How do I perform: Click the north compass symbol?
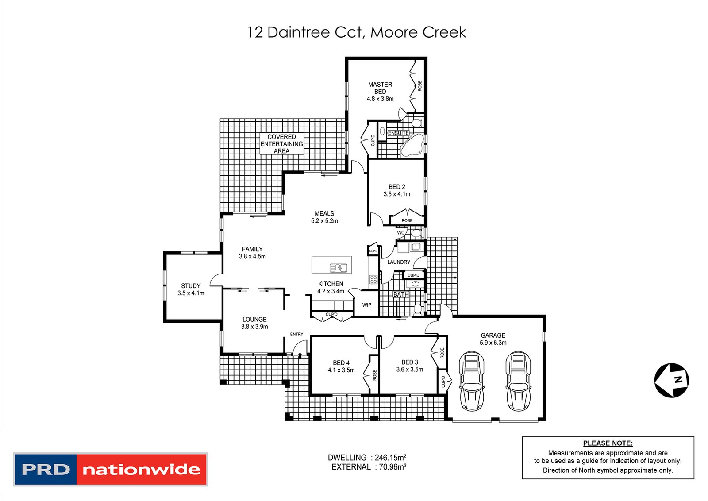pos(671,380)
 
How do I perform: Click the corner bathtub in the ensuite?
pos(412,145)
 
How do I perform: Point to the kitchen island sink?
pos(339,267)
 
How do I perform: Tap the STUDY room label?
pos(191,286)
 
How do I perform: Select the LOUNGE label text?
pos(254,319)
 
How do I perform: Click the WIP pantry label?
pos(367,305)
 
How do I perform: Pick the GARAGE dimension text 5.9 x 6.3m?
pos(493,343)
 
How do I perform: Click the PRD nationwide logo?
pos(111,469)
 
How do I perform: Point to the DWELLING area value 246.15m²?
pos(391,458)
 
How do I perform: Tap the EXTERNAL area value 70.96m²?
pos(391,467)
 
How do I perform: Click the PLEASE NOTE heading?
pos(608,443)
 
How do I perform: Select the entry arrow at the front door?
pos(300,355)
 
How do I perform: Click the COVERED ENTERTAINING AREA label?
pos(281,144)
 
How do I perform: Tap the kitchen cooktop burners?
pos(373,279)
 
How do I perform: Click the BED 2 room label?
pos(397,187)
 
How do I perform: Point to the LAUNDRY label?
pos(399,262)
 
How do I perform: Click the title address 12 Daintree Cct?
pos(356,32)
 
